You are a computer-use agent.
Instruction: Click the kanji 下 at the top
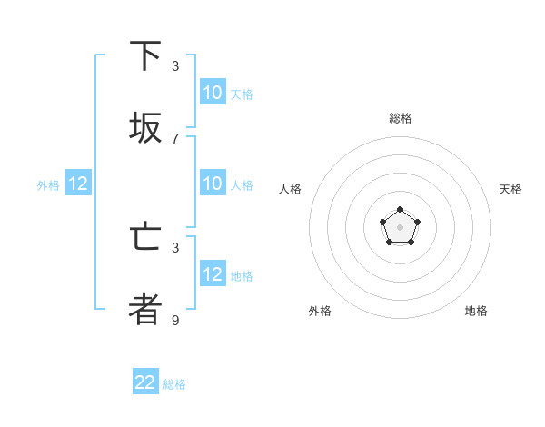(145, 56)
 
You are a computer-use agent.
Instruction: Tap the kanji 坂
(145, 129)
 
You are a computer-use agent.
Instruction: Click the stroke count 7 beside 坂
(175, 138)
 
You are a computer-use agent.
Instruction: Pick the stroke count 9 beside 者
(175, 320)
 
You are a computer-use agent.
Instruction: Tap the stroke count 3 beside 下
(175, 65)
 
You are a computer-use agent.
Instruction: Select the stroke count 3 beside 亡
(175, 247)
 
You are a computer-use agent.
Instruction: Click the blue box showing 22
(145, 382)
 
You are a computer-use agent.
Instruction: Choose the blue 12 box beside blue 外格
(77, 184)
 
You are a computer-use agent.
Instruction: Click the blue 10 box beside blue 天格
(213, 93)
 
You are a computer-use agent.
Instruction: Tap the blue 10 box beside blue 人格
(213, 184)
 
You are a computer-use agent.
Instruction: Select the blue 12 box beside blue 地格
(213, 274)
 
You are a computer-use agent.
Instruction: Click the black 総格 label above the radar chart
(401, 118)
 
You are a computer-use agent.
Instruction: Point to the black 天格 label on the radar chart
(510, 189)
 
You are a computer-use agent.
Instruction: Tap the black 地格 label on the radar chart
(476, 311)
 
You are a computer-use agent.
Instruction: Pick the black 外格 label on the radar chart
(320, 311)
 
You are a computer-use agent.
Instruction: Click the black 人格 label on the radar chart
(291, 189)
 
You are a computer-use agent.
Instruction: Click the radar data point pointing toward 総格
(401, 210)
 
